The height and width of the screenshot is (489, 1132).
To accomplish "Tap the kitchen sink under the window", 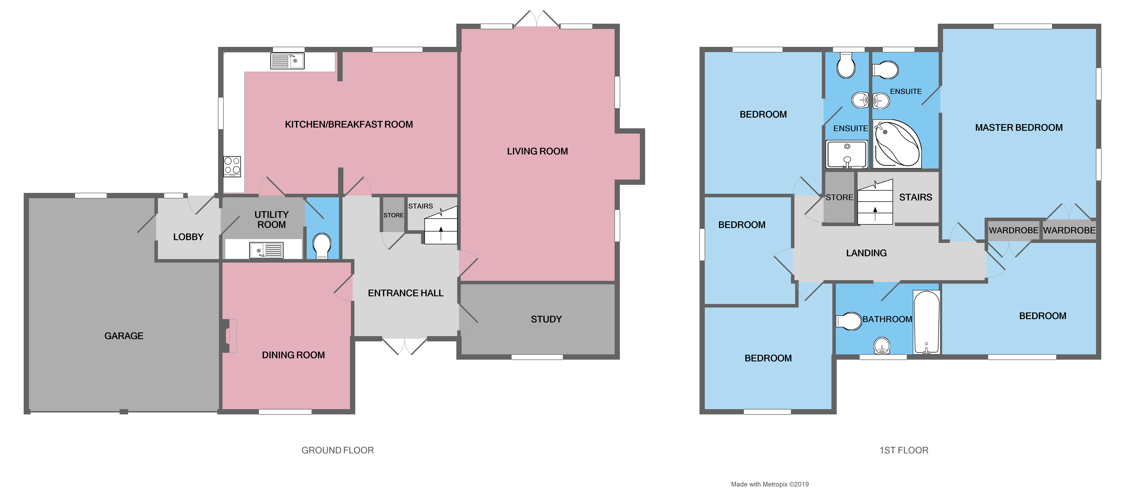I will [287, 61].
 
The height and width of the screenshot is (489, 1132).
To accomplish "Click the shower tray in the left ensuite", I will [847, 154].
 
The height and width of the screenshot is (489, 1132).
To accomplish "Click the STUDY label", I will [546, 319].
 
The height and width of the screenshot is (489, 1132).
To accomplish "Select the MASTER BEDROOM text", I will [1019, 128].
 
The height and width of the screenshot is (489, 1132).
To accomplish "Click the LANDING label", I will [866, 253].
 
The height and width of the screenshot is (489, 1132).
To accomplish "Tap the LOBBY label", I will [188, 237].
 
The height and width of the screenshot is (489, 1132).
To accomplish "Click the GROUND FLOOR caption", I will [338, 450].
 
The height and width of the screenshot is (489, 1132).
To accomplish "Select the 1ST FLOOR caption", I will [904, 450].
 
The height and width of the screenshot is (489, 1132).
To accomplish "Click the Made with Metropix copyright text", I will [770, 484].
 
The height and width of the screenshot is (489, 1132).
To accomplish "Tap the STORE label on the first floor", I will [839, 197].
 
